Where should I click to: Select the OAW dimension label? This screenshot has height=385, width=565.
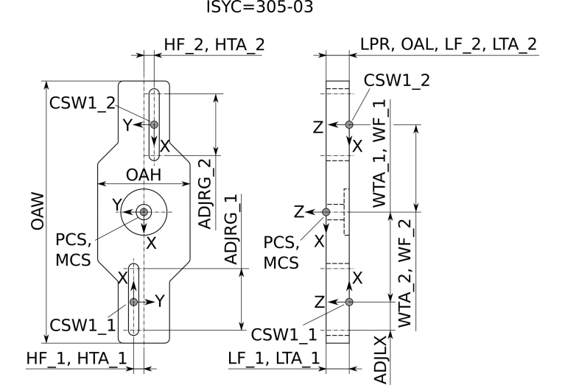(37, 213)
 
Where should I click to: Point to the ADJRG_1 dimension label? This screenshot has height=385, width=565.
(231, 232)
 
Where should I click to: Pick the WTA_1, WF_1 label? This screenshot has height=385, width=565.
(379, 154)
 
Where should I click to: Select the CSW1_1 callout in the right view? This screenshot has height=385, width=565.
(284, 333)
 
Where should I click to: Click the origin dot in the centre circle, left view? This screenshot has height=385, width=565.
(143, 212)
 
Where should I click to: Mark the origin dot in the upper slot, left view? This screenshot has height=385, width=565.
(154, 124)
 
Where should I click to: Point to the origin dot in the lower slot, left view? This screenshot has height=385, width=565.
(133, 302)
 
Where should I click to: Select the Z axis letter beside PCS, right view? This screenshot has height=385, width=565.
(298, 212)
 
